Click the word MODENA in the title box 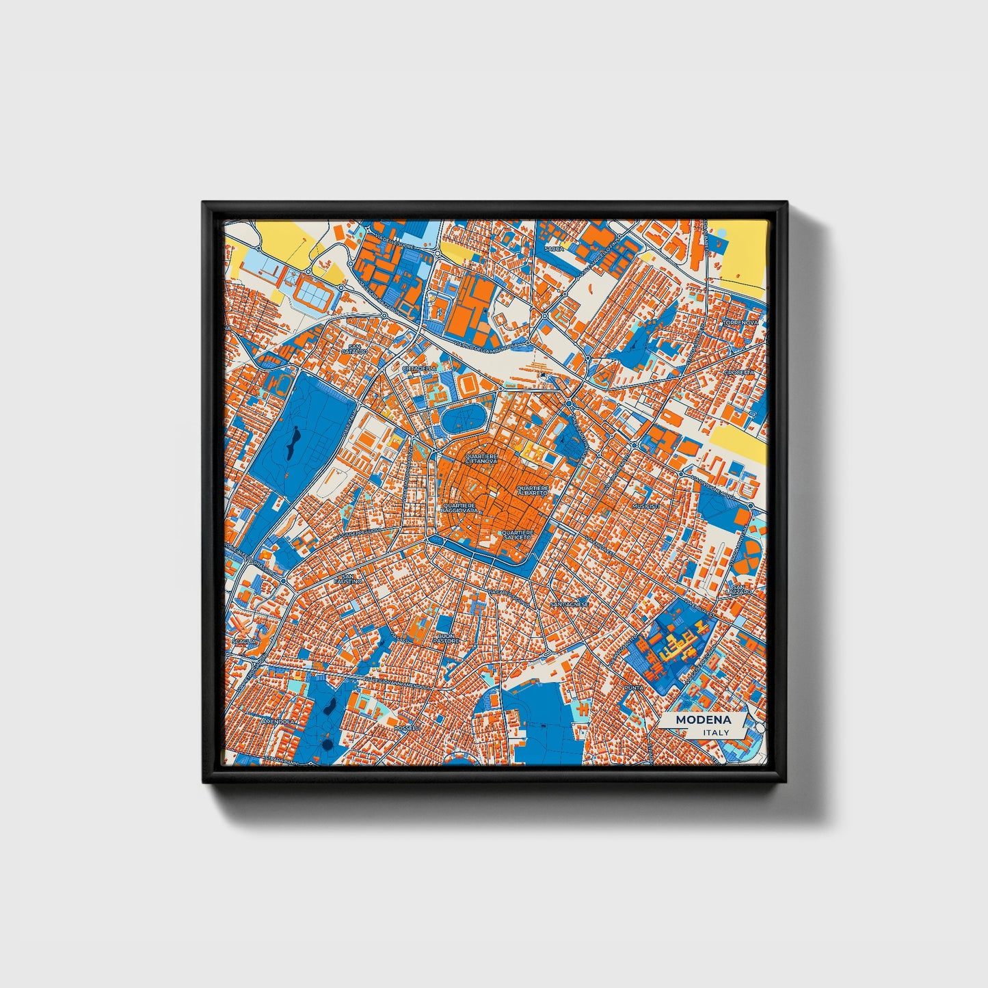pos(703,720)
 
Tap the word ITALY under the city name pos(716,733)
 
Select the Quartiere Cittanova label pos(481,458)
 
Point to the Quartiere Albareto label pos(533,490)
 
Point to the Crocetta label pos(740,372)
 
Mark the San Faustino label pos(349,578)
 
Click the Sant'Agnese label pos(569,604)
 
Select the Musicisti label pos(646,505)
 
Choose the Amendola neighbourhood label pos(278,721)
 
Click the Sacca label pos(555,249)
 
